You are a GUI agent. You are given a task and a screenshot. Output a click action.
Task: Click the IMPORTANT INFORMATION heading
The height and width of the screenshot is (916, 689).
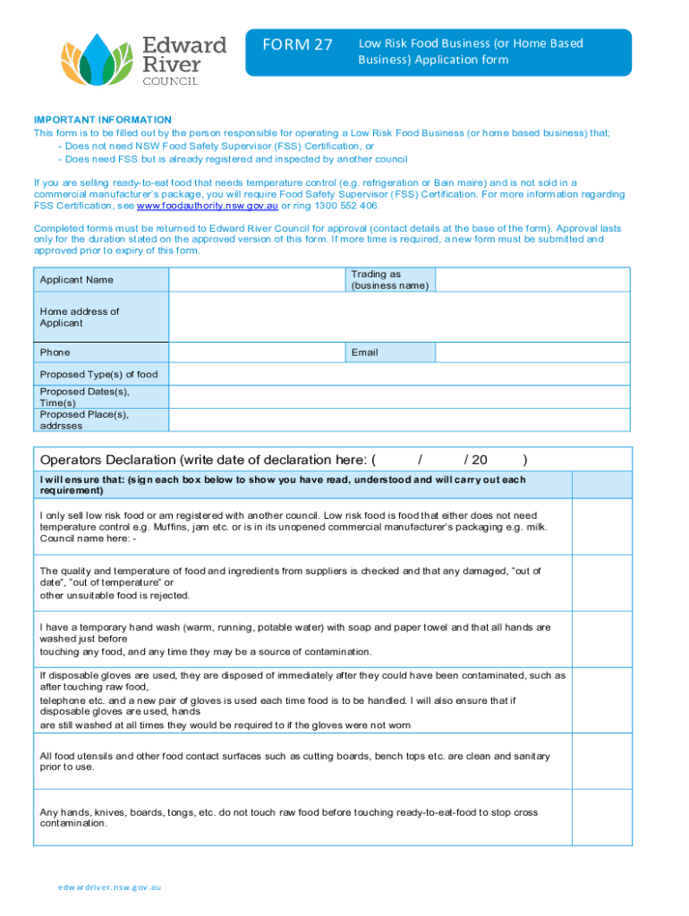102,120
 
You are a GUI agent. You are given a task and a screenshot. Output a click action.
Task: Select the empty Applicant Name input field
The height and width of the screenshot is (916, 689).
257,279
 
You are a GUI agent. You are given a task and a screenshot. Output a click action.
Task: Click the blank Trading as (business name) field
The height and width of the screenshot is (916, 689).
533,279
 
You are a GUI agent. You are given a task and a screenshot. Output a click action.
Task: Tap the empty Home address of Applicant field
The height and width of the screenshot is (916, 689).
400,317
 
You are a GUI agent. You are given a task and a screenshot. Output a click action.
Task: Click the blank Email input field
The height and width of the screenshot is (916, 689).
533,352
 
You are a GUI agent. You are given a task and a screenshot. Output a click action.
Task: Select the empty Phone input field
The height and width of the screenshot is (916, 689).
257,352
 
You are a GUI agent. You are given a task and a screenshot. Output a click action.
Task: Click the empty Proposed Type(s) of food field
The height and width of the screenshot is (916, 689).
400,374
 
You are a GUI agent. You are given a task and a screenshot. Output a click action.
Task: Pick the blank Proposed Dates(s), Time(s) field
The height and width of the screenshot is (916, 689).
400,396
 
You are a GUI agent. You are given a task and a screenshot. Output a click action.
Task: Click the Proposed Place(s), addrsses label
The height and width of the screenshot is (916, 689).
84,420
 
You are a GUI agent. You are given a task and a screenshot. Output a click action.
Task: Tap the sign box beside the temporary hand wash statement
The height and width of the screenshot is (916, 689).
602,640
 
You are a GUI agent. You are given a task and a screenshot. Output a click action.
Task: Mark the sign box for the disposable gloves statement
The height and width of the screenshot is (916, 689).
602,700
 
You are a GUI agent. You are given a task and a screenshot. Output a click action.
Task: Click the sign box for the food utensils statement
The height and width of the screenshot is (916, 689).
602,762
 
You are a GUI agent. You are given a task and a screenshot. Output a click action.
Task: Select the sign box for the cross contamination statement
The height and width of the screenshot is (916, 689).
602,818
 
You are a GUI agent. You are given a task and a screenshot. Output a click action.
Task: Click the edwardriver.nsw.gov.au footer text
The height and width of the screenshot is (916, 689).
109,887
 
